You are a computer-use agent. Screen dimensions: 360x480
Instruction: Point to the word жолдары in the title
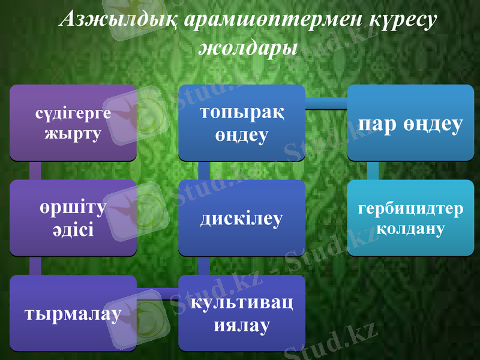tap(248, 48)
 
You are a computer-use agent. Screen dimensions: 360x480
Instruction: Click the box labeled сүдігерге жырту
tap(73, 123)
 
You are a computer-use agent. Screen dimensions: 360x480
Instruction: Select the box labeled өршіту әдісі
tap(73, 218)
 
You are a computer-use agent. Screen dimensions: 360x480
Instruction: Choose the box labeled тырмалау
tap(73, 313)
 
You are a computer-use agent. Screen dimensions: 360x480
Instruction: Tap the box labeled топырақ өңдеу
tap(242, 123)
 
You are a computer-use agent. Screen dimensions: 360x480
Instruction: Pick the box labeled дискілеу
tap(242, 218)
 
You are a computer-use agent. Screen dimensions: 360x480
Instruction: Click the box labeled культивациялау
tap(242, 313)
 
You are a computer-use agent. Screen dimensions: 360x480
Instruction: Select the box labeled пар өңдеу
tap(411, 123)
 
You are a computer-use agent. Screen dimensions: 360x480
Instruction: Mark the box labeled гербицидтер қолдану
tap(411, 218)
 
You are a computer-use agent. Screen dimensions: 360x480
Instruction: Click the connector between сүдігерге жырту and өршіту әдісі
tap(35, 170)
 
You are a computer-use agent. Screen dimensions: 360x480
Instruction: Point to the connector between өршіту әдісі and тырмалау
tap(35, 265)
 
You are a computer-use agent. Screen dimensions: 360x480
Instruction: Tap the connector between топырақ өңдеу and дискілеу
tap(204, 170)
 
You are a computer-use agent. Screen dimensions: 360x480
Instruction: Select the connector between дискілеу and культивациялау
tap(204, 265)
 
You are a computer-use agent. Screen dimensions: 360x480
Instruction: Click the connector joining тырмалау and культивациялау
tap(157, 294)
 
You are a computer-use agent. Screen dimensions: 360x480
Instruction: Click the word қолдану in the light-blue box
tap(411, 229)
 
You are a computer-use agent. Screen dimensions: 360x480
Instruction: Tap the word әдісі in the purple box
tap(73, 229)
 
